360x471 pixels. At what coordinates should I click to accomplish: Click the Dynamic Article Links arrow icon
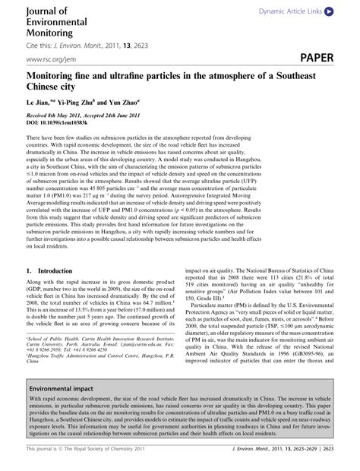tap(328, 13)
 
